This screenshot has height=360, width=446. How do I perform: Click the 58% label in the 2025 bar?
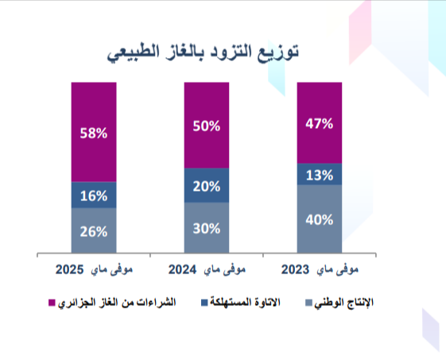click(93, 134)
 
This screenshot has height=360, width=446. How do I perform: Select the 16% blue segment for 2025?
click(93, 195)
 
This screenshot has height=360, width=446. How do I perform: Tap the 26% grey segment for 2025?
click(93, 231)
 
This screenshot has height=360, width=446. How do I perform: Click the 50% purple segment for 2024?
click(206, 126)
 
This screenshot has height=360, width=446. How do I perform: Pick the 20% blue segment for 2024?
click(206, 186)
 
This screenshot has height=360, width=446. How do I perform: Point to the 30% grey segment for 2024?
click(206, 228)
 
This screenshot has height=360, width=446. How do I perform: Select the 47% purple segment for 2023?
click(319, 123)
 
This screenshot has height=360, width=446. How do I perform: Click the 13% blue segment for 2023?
click(319, 175)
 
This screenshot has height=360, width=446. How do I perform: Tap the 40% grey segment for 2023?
click(319, 220)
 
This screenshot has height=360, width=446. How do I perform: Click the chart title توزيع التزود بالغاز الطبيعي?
click(206, 53)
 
